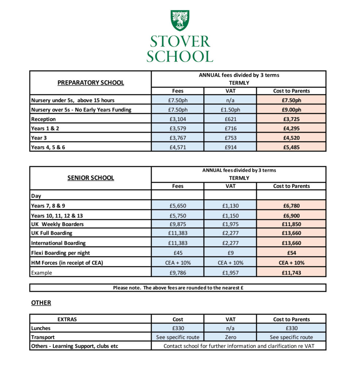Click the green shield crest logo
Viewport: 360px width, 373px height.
tap(180, 20)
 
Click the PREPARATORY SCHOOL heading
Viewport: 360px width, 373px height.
tap(90, 83)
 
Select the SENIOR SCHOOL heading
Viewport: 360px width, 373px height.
tap(90, 178)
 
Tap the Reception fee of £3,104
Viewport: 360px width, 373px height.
tap(178, 119)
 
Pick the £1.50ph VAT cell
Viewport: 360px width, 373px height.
tap(230, 110)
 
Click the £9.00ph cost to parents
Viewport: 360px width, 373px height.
tap(291, 110)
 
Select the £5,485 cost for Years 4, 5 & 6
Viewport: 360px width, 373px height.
tap(291, 147)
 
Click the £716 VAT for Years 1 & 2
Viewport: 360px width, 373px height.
tap(230, 129)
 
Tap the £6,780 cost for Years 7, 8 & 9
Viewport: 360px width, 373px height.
tap(291, 206)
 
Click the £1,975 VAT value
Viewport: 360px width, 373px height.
tap(230, 225)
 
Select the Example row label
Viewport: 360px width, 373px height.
tap(42, 273)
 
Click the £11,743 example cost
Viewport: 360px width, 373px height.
tap(291, 273)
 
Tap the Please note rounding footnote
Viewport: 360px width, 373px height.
tap(178, 288)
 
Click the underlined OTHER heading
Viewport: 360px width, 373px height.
tap(41, 303)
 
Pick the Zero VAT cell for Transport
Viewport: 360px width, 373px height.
tap(230, 337)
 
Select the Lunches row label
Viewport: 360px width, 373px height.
tap(41, 328)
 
